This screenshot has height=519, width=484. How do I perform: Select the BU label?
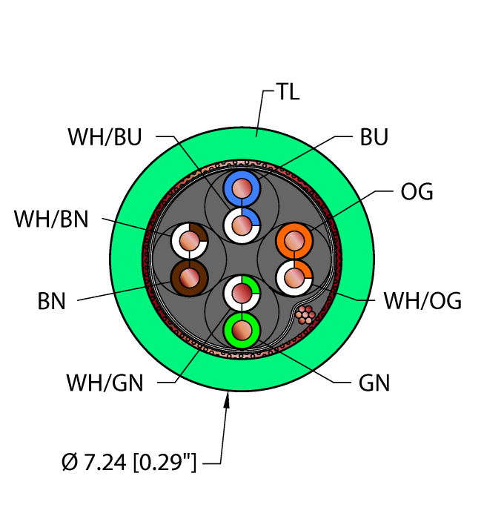click(x=374, y=137)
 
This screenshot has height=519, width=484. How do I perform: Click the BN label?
click(x=52, y=301)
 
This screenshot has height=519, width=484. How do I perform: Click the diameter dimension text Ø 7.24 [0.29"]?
click(x=130, y=464)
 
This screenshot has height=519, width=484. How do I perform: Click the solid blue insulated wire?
click(x=241, y=190)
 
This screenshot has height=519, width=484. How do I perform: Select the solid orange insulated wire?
click(x=294, y=241)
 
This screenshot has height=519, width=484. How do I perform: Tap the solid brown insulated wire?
click(x=189, y=278)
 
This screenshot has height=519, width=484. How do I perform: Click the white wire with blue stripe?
click(x=241, y=223)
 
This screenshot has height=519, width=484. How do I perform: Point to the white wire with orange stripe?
click(x=294, y=278)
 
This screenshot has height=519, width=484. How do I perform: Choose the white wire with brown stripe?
click(x=189, y=240)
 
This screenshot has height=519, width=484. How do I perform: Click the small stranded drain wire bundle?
click(x=305, y=315)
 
